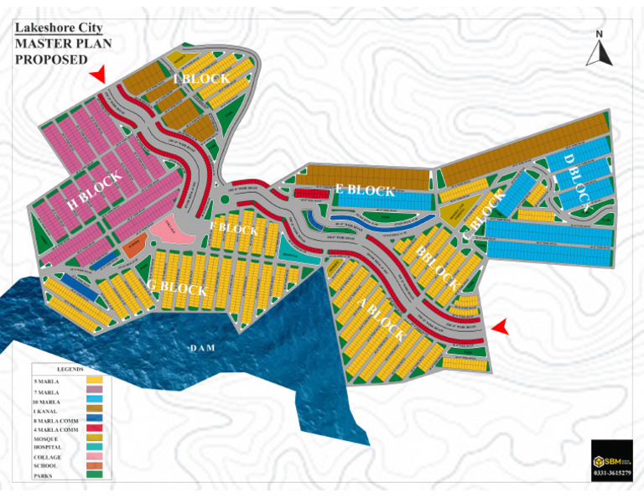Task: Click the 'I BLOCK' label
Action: coord(200,79)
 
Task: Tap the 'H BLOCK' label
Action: coord(94,190)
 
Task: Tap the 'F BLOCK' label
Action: coord(234,229)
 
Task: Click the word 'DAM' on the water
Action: coord(201,347)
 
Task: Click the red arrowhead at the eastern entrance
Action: coord(501,327)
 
